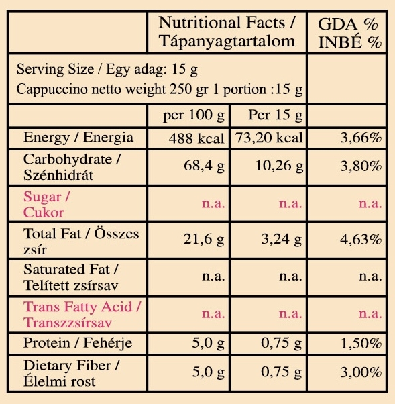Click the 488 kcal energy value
click(196, 138)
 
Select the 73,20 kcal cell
click(269, 138)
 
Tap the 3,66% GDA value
click(361, 138)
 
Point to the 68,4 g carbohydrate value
click(204, 166)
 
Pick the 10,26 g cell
click(279, 166)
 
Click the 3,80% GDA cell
click(361, 166)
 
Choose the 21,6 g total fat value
click(204, 239)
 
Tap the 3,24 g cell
click(282, 239)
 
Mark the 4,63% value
click(361, 240)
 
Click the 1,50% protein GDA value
click(361, 343)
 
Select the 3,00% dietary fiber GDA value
click(361, 372)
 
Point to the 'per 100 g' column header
click(194, 115)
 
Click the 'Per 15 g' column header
click(275, 115)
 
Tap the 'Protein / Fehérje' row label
click(78, 344)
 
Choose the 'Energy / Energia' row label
click(78, 138)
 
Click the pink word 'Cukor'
click(44, 213)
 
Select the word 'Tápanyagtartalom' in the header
click(227, 41)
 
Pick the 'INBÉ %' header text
click(349, 42)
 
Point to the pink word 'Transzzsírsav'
click(68, 323)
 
